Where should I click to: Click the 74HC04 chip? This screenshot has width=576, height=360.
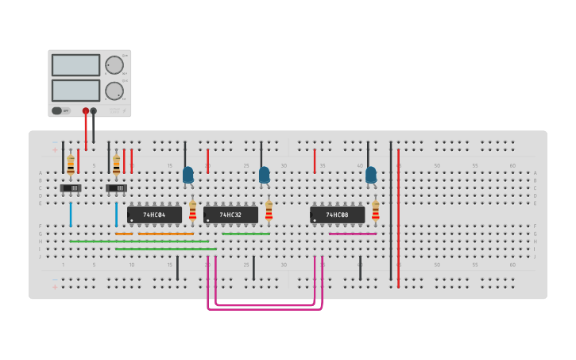pyautogui.click(x=154, y=215)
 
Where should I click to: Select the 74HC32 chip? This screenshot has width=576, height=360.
pyautogui.click(x=230, y=215)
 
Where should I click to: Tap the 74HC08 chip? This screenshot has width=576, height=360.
pyautogui.click(x=337, y=215)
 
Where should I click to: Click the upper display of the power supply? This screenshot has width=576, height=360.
pyautogui.click(x=75, y=65)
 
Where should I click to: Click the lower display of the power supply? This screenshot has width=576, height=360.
pyautogui.click(x=75, y=90)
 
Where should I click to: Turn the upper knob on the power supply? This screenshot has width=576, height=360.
pyautogui.click(x=114, y=65)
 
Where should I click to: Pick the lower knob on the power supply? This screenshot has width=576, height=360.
pyautogui.click(x=114, y=91)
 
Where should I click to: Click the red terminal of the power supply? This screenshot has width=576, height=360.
pyautogui.click(x=86, y=111)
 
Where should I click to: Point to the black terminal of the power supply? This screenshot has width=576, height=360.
pyautogui.click(x=94, y=111)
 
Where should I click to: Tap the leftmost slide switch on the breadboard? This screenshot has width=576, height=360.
pyautogui.click(x=71, y=188)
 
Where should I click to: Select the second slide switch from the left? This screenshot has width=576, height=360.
pyautogui.click(x=117, y=188)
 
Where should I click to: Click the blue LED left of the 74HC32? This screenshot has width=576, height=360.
pyautogui.click(x=188, y=175)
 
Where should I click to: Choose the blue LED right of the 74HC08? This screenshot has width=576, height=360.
pyautogui.click(x=371, y=175)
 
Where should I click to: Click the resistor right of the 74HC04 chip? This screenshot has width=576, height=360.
pyautogui.click(x=192, y=211)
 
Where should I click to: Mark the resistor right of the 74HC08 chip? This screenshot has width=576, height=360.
pyautogui.click(x=376, y=211)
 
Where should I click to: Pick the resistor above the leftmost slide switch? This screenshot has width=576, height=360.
pyautogui.click(x=71, y=165)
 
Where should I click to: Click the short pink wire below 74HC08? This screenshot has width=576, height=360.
pyautogui.click(x=352, y=234)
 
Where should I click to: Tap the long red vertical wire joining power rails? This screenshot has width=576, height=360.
pyautogui.click(x=398, y=215)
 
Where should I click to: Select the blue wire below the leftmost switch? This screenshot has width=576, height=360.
pyautogui.click(x=71, y=215)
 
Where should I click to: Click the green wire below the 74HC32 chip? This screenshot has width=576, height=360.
pyautogui.click(x=245, y=234)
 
